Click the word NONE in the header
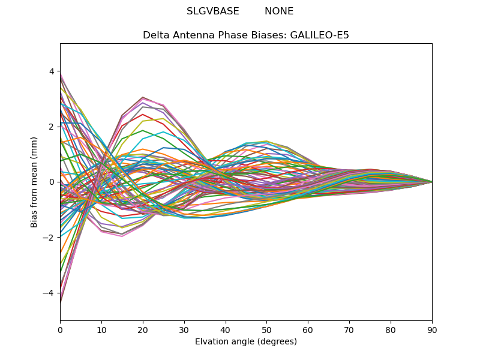pos(279,11)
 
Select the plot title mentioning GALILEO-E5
pos(246,35)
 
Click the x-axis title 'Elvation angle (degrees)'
pos(246,341)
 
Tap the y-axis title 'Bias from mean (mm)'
pos(34,182)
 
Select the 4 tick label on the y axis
pos(52,71)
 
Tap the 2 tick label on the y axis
pos(52,127)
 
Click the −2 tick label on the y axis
pos(49,237)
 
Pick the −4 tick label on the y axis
pos(49,293)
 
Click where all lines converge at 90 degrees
pos(431,182)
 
